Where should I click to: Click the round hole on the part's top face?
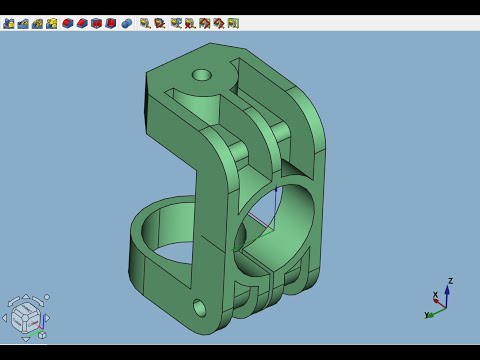tap(202, 75)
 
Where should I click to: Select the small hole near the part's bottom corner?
tap(199, 307)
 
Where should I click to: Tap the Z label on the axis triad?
tap(450, 281)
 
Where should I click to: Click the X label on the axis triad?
tap(435, 295)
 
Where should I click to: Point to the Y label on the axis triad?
tap(426, 315)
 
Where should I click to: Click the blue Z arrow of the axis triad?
tap(447, 296)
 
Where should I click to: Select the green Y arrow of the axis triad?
tap(436, 313)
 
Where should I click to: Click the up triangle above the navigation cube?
tap(26, 296)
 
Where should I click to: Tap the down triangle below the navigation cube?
tap(26, 339)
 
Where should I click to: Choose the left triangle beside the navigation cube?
tap(4, 318)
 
